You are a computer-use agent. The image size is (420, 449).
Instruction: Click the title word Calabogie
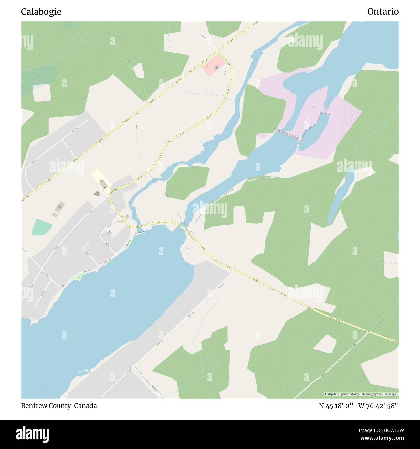pyautogui.click(x=41, y=12)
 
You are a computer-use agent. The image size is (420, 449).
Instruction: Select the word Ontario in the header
pyautogui.click(x=383, y=12)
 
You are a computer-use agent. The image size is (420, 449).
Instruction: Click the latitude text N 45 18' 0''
pyautogui.click(x=336, y=406)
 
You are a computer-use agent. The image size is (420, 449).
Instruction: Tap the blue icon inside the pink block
pyautogui.click(x=216, y=67)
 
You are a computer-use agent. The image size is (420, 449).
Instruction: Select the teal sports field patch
pyautogui.click(x=42, y=227)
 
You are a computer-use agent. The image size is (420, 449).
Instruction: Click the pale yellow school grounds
pyautogui.click(x=101, y=177)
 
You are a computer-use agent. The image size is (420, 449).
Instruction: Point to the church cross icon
pyautogui.click(x=97, y=193)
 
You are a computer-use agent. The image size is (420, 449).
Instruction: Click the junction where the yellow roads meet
pyautogui.click(x=218, y=51)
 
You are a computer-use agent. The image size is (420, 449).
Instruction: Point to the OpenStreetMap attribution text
pyautogui.click(x=361, y=394)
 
